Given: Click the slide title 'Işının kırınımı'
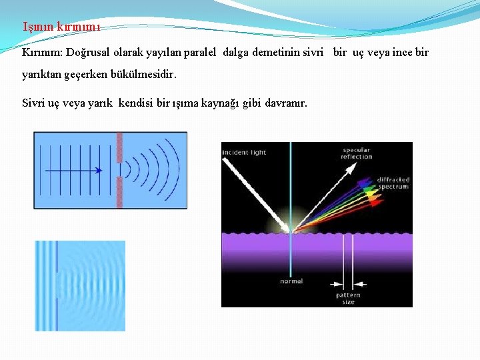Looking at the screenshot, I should (61, 27).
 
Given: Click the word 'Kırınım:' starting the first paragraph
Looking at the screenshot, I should (41, 52).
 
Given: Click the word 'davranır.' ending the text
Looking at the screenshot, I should (286, 103).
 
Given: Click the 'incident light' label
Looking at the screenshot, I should (245, 153).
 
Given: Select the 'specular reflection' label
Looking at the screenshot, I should (357, 153).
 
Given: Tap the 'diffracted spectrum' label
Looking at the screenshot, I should (393, 183).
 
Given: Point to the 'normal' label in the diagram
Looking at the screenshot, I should (291, 281).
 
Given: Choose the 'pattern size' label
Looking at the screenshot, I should (349, 298).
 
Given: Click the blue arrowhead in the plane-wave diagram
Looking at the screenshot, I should (98, 171).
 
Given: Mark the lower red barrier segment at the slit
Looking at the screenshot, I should (120, 193).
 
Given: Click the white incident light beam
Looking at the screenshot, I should (260, 193).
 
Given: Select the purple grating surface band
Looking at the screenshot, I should (317, 250).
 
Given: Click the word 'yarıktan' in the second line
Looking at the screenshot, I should (41, 75).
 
